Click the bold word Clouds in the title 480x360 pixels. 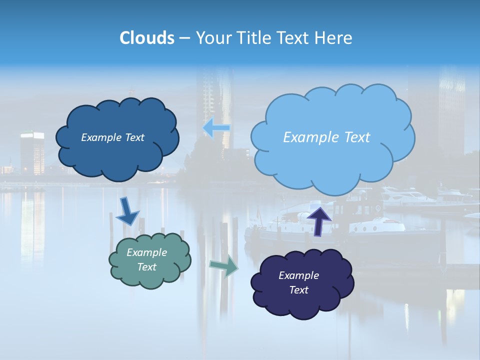(147, 38)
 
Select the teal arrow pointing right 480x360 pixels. (223, 266)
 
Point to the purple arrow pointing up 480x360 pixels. (318, 220)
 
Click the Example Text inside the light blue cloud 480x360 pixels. (326, 137)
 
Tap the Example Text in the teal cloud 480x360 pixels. (146, 259)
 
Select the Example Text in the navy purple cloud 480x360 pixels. (298, 282)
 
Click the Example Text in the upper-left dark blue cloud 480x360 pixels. (112, 137)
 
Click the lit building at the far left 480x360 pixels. (32, 152)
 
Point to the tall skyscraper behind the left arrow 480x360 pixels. (215, 100)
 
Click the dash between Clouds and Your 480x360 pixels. (184, 38)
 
